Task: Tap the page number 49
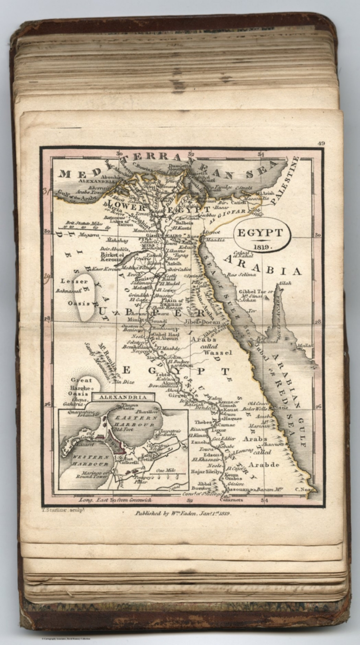pyautogui.click(x=321, y=143)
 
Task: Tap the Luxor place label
pyautogui.click(x=218, y=430)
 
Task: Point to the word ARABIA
pyautogui.click(x=262, y=265)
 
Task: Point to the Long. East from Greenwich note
pyautogui.click(x=115, y=501)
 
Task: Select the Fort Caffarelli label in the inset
pyautogui.click(x=131, y=461)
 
